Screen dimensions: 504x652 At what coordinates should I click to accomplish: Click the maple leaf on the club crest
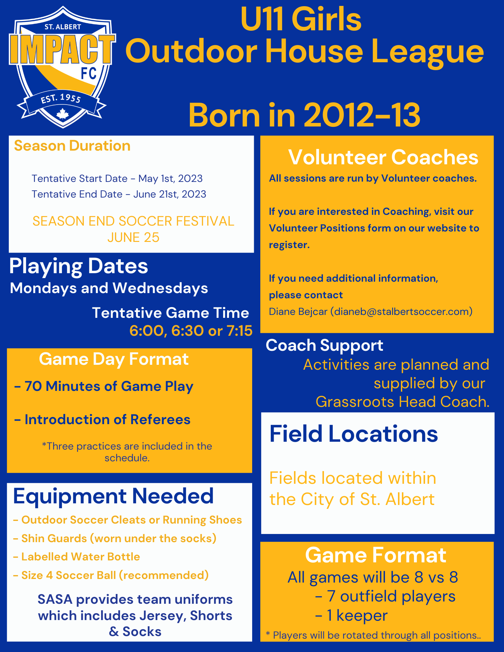pyautogui.click(x=62, y=114)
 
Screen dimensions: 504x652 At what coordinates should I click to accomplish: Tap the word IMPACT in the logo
pyautogui.click(x=62, y=49)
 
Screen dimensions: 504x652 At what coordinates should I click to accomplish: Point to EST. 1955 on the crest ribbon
pyautogui.click(x=61, y=99)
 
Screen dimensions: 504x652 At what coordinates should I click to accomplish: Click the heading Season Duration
pyautogui.click(x=72, y=146)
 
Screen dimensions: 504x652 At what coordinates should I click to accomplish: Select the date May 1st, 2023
pyautogui.click(x=170, y=179)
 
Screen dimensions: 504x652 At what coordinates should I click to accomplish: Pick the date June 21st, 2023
pyautogui.click(x=170, y=194)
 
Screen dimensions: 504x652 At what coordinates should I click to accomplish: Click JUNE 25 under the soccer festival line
pyautogui.click(x=133, y=238)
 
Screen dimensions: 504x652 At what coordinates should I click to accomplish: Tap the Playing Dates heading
pyautogui.click(x=79, y=266)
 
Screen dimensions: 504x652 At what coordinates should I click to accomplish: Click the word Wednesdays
pyautogui.click(x=160, y=289)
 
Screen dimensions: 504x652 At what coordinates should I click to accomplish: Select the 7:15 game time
pyautogui.click(x=239, y=331)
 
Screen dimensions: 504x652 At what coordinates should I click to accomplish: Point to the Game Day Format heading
pyautogui.click(x=114, y=360)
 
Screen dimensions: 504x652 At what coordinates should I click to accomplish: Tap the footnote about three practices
pyautogui.click(x=127, y=452)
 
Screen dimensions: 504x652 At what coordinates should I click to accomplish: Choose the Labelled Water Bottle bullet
pyautogui.click(x=77, y=557)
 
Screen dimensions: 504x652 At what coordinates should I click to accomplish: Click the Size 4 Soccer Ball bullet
pyautogui.click(x=111, y=575)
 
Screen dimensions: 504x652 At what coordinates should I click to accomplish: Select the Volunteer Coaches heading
pyautogui.click(x=383, y=157)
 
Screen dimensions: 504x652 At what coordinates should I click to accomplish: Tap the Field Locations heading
pyautogui.click(x=354, y=434)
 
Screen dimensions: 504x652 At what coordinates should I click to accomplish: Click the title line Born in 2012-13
pyautogui.click(x=304, y=115)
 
